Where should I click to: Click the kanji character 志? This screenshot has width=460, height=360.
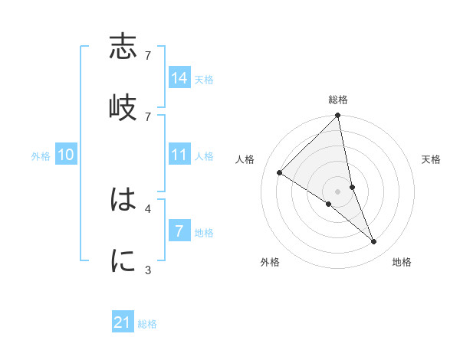pos(123,47)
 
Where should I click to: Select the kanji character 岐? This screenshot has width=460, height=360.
pos(123,107)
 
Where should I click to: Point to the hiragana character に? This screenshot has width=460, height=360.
pos(123,261)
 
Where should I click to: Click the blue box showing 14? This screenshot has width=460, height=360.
pos(179,78)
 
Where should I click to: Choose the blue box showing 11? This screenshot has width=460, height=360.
pos(179,155)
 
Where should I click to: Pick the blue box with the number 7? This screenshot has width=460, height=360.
pos(179,231)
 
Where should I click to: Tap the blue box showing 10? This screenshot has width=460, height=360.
pos(66,155)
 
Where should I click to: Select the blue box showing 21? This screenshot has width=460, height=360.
pos(123,322)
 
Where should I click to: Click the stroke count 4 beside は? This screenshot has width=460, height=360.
pos(148,208)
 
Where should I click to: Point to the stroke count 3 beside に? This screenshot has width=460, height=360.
pos(148,270)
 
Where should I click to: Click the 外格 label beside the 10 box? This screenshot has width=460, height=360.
pos(41,155)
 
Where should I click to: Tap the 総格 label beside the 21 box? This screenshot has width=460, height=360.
pos(147,324)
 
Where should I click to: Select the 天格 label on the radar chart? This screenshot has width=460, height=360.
pos(432,159)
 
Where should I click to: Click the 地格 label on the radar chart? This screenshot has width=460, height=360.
pos(402,262)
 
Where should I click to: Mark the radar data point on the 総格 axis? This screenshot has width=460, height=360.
pos(338,116)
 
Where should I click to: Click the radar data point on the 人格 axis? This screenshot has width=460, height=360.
pos(280,172)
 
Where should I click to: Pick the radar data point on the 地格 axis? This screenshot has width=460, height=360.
pos(374,242)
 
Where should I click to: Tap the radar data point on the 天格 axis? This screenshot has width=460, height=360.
pos(352,187)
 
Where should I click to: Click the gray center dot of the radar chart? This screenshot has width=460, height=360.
pos(338,191)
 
